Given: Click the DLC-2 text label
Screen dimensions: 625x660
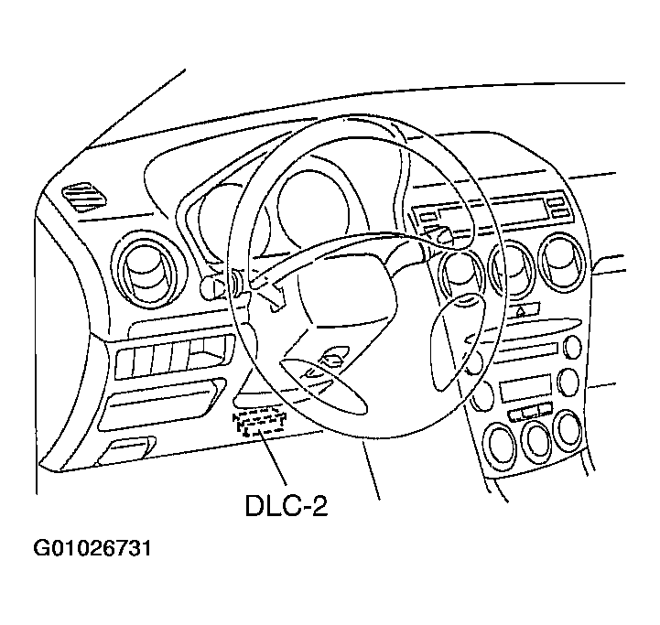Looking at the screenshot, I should (286, 505).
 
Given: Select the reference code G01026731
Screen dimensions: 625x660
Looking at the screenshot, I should (92, 549).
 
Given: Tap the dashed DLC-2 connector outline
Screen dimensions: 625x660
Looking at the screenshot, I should (258, 421).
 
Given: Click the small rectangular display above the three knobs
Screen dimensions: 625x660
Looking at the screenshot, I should (525, 391).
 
